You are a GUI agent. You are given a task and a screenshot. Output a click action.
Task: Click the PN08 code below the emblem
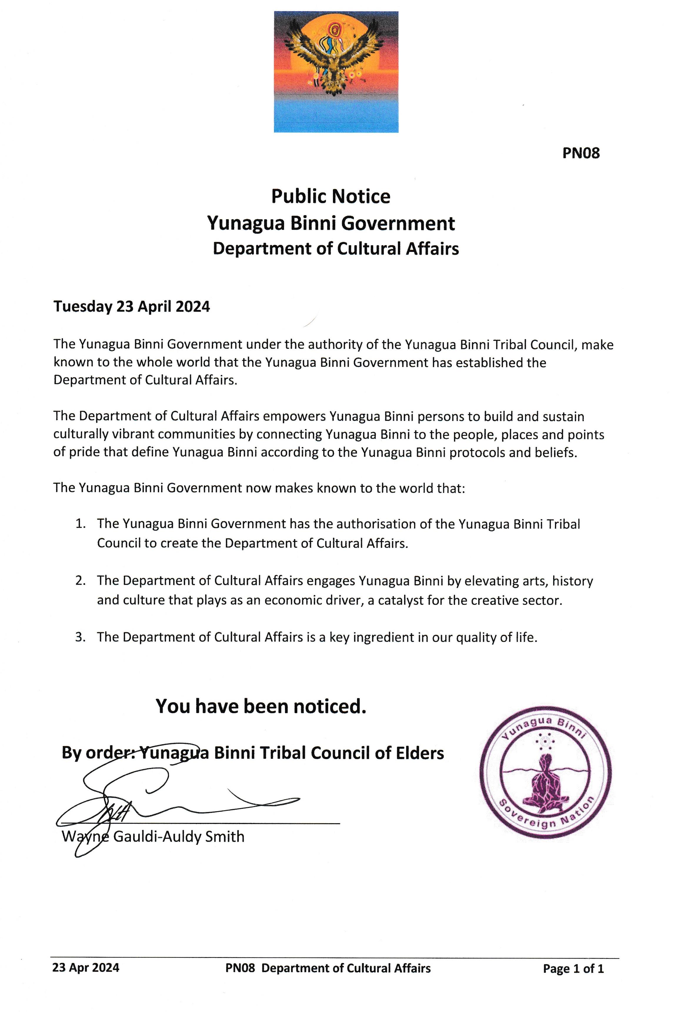coord(581,153)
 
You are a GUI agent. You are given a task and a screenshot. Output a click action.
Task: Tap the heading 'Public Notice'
coord(331,197)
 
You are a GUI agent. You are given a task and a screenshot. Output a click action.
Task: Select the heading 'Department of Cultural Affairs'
coord(336,249)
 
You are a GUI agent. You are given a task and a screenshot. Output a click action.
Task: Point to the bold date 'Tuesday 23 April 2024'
coord(132,306)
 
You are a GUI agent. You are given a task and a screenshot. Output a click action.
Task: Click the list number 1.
coord(80,524)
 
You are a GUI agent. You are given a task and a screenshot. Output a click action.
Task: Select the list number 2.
coord(80,580)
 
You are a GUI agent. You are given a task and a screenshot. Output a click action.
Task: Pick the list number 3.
coord(80,637)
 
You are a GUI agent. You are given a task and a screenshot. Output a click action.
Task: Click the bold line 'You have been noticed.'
coord(261,707)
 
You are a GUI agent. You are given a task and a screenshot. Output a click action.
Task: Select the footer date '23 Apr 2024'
coord(86,968)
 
